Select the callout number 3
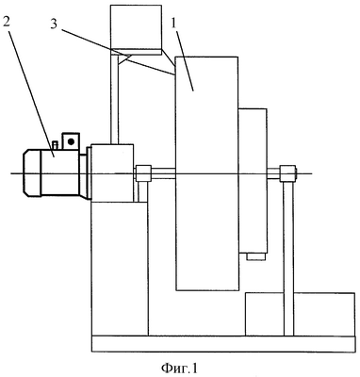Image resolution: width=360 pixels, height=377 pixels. tap(54, 25)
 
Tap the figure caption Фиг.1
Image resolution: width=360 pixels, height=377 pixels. tap(179, 368)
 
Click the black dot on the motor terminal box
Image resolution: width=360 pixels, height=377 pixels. tap(71, 141)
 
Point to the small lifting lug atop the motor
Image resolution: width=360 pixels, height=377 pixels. tap(56, 145)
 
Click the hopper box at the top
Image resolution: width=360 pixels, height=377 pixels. tap(136, 29)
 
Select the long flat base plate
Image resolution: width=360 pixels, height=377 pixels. tap(223, 343)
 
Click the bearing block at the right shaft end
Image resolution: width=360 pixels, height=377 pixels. tap(288, 173)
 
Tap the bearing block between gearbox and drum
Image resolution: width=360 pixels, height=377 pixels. tap(143, 173)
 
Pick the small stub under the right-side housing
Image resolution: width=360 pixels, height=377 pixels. tap(256, 257)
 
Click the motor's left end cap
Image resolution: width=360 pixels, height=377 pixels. tap(31, 173)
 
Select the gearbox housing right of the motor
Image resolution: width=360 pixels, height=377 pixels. tap(112, 173)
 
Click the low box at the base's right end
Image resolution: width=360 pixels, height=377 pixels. tap(300, 314)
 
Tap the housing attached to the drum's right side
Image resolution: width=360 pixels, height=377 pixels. tap(253, 181)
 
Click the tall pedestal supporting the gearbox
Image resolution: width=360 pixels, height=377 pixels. tap(120, 269)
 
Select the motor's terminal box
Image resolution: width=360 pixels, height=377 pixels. tap(71, 141)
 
